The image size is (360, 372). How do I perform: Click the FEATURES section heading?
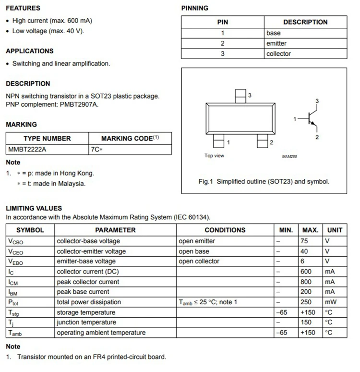point(23,8)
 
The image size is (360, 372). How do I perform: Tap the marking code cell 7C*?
point(96,149)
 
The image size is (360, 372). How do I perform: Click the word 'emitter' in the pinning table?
point(276,43)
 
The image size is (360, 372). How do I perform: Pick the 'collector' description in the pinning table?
point(278,54)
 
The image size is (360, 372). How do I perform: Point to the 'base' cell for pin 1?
point(274,33)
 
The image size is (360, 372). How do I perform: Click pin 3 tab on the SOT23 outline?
point(240,96)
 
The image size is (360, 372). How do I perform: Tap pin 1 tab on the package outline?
point(218,141)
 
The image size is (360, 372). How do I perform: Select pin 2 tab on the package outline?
point(262,141)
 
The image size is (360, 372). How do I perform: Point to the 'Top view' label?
point(214,156)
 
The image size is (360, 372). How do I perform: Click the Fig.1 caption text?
point(264,182)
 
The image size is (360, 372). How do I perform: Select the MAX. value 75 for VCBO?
point(304,241)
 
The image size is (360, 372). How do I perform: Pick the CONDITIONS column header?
point(225,230)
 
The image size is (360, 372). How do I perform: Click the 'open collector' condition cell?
point(199,261)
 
